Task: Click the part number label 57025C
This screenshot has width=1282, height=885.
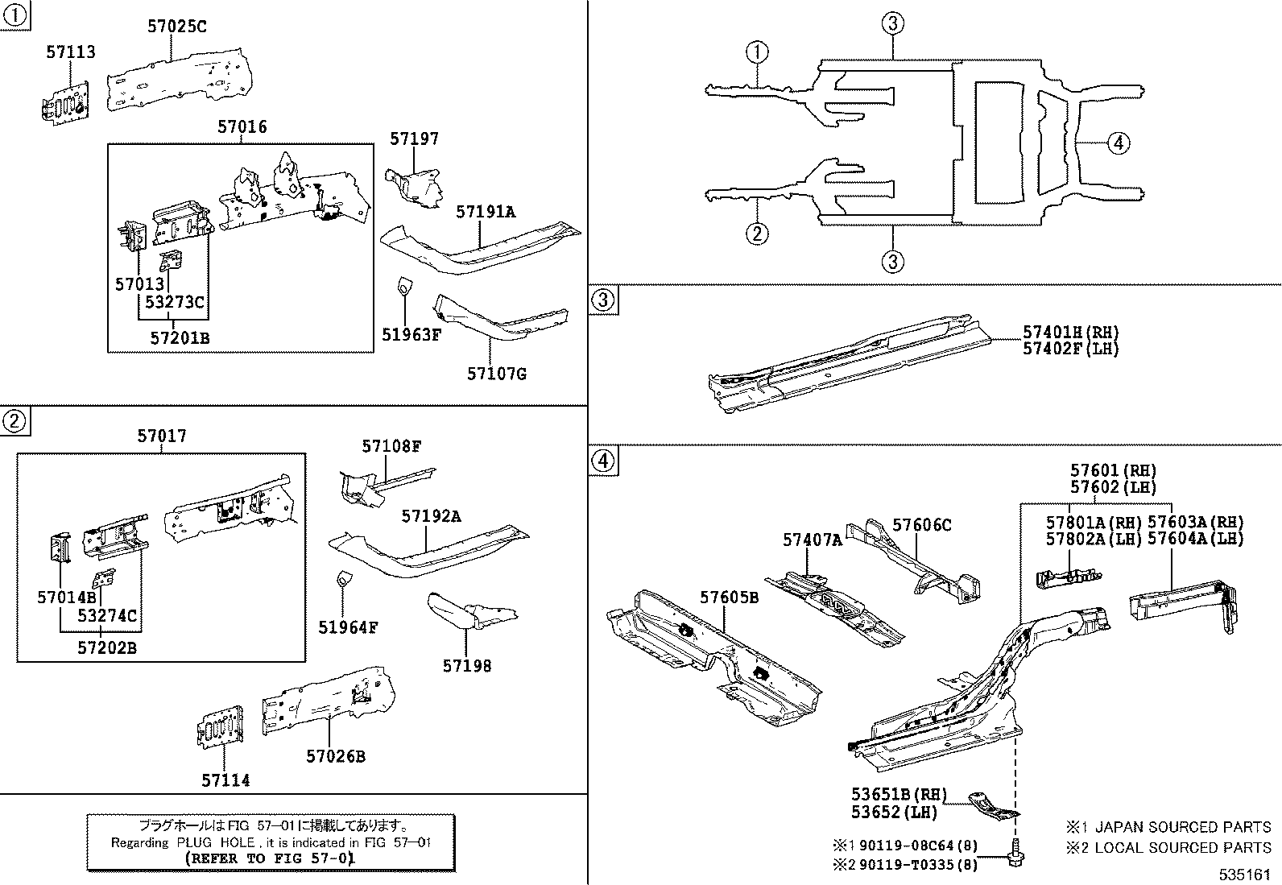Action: (176, 27)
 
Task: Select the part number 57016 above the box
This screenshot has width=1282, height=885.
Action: (242, 127)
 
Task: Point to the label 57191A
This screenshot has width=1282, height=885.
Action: (486, 212)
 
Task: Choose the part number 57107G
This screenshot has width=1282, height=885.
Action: (497, 374)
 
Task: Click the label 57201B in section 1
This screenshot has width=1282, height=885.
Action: (180, 338)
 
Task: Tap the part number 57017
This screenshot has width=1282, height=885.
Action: (161, 436)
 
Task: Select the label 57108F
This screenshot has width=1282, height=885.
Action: (391, 446)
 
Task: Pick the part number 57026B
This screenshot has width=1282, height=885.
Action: (336, 756)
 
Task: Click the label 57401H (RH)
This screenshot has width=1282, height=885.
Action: (1070, 332)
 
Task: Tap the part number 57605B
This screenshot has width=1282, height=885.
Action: (729, 597)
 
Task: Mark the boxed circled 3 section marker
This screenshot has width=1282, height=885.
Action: (604, 301)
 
